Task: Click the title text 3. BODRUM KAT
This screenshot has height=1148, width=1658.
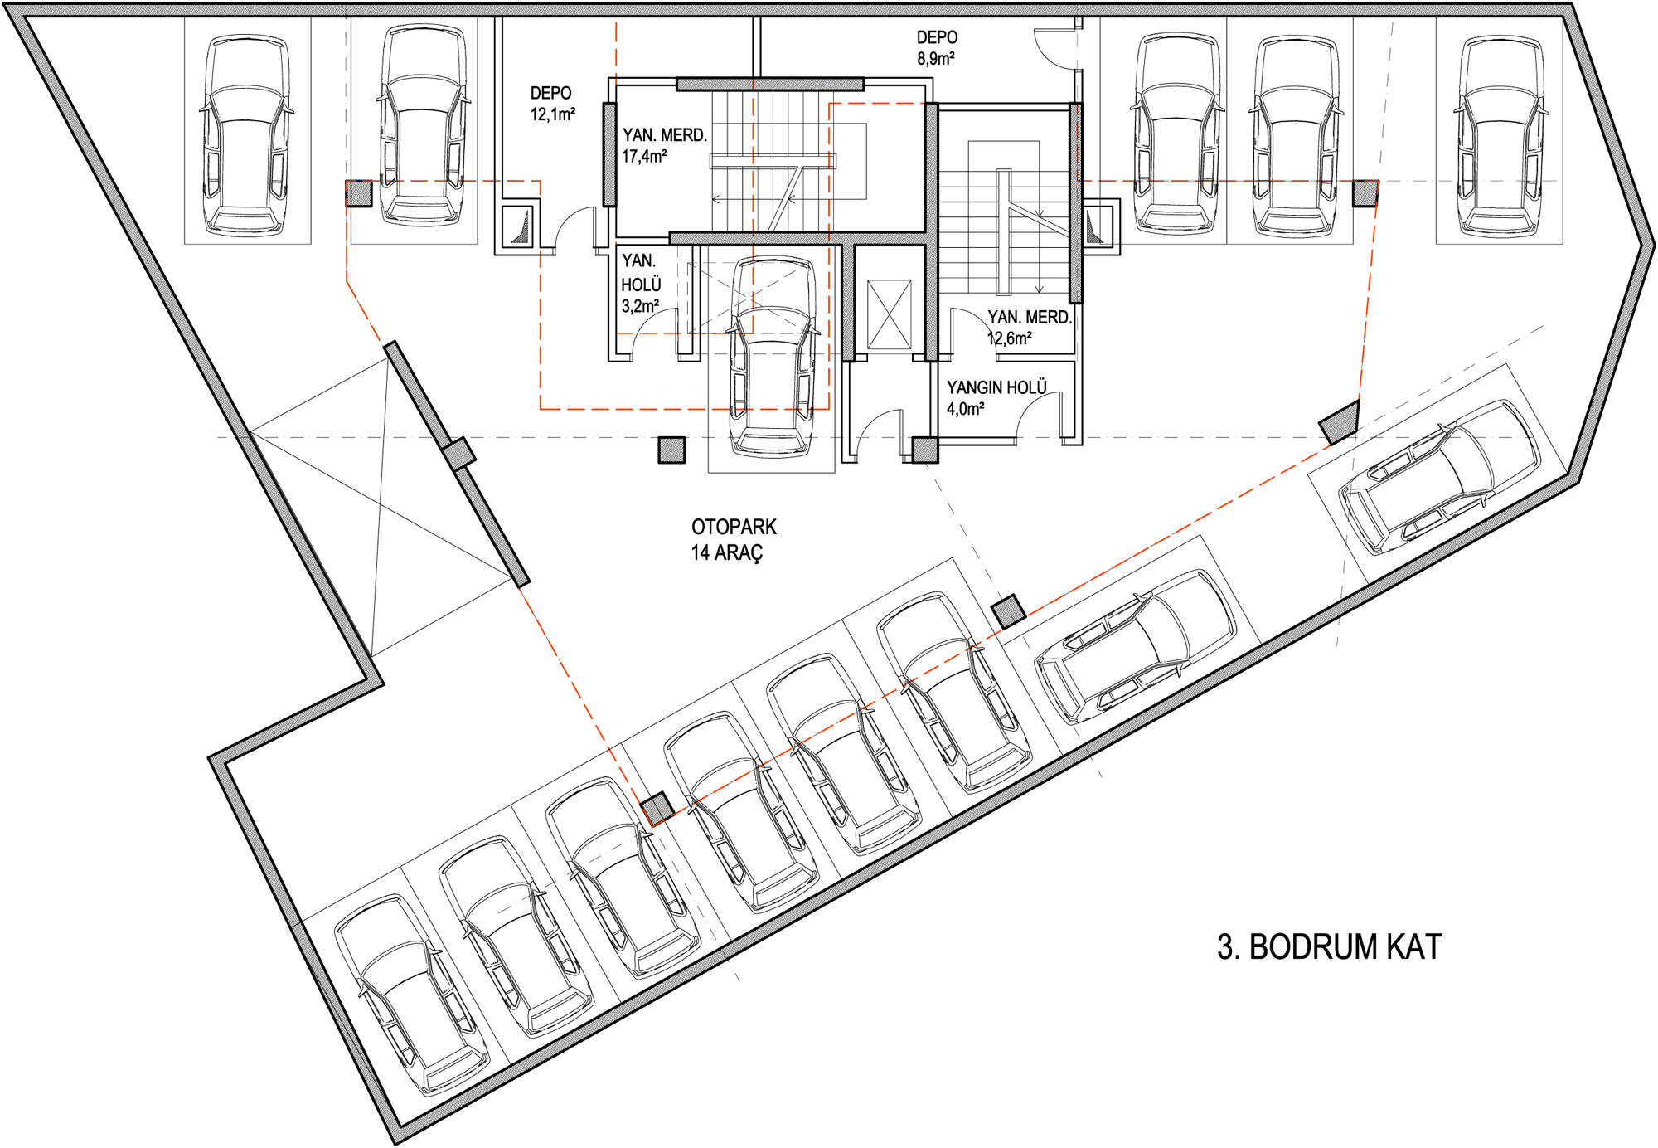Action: tap(1330, 946)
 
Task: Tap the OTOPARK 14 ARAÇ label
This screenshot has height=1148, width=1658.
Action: tap(734, 539)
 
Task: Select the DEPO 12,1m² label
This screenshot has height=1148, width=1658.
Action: tap(552, 104)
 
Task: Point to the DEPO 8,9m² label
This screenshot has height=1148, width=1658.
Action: tap(937, 48)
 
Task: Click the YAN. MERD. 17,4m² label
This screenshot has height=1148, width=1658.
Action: tap(664, 145)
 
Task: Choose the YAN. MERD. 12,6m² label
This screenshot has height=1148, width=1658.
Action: tap(1029, 328)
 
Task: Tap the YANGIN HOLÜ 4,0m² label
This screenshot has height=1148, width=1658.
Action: tap(996, 398)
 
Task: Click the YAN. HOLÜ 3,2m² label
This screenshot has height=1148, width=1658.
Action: tap(641, 285)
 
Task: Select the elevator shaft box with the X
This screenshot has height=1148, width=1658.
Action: tap(889, 314)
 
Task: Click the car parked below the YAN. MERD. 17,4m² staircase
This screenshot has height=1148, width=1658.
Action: tap(772, 357)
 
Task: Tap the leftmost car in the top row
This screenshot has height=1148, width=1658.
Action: tap(247, 135)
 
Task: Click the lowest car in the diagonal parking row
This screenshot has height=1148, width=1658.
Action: tap(411, 996)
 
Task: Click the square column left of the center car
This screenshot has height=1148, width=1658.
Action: tap(671, 450)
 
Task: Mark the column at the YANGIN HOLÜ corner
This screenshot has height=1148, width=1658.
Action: tap(925, 450)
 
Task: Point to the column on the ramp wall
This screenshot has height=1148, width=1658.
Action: tap(458, 454)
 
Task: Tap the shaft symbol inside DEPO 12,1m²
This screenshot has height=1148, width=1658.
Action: tap(519, 226)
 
